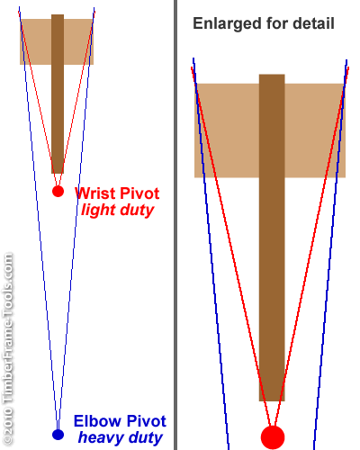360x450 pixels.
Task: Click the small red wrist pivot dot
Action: pos(58,191)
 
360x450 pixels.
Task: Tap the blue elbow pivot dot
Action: pos(58,435)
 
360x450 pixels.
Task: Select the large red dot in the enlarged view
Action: pos(273,437)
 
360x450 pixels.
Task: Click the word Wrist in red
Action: pos(92,193)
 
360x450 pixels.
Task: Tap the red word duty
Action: pos(137,210)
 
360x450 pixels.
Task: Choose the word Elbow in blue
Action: pos(98,421)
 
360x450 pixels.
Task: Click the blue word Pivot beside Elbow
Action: pos(146,421)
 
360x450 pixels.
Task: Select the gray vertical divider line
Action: pos(175,225)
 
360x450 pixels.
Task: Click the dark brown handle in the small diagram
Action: pos(58,94)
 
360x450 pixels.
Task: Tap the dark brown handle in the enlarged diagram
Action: pos(272,238)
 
